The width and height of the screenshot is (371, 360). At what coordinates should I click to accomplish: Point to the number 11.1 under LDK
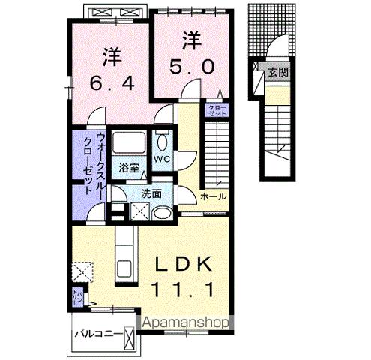(x=184, y=288)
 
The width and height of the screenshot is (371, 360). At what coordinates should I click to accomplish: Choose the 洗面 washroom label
(x=151, y=193)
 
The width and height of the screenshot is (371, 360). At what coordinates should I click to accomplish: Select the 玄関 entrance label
(x=278, y=73)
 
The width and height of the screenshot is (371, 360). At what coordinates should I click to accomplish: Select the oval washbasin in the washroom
(x=160, y=212)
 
